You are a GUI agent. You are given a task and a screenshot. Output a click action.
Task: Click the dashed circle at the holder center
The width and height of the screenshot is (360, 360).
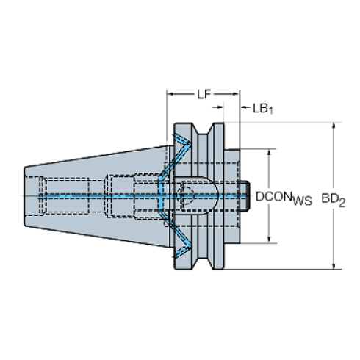point(185,196)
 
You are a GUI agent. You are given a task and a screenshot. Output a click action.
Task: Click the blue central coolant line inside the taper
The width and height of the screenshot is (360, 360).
point(96,196)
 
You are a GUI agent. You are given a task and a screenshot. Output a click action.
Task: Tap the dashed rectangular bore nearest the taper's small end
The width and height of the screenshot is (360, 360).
point(62,196)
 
